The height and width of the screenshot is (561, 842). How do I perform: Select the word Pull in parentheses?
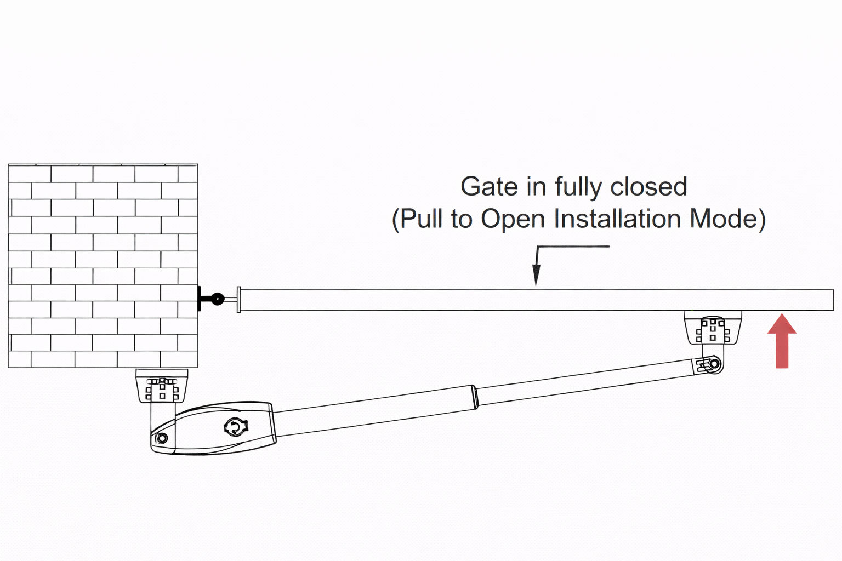[420, 219]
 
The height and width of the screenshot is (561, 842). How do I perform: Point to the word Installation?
[618, 219]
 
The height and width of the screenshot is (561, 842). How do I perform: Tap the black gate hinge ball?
[218, 299]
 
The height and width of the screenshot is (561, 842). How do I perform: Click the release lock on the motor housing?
[236, 426]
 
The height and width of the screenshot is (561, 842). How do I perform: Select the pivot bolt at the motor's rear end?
[162, 438]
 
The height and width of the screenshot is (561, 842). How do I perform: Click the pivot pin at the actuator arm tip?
[714, 364]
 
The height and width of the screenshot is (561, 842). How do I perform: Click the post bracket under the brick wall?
[162, 386]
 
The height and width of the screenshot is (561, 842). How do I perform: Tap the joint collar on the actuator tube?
[475, 396]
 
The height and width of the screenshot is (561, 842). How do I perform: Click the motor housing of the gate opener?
[219, 428]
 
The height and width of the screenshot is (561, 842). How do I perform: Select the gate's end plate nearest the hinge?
[238, 299]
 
